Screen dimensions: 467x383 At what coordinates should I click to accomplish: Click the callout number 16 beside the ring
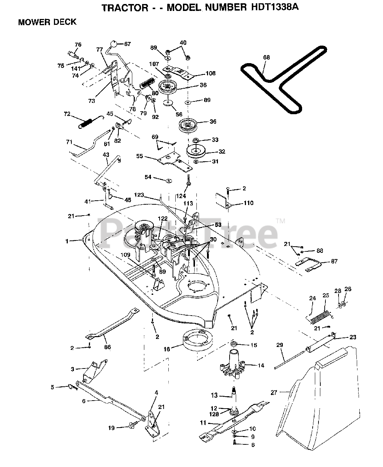tap(167, 349)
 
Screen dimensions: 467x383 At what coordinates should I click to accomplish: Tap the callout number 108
tap(211, 73)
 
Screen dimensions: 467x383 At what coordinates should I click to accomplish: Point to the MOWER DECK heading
tap(47, 22)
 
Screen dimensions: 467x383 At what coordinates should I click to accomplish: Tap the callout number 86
tap(108, 347)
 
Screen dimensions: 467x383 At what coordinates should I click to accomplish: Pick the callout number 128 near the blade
tap(214, 414)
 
